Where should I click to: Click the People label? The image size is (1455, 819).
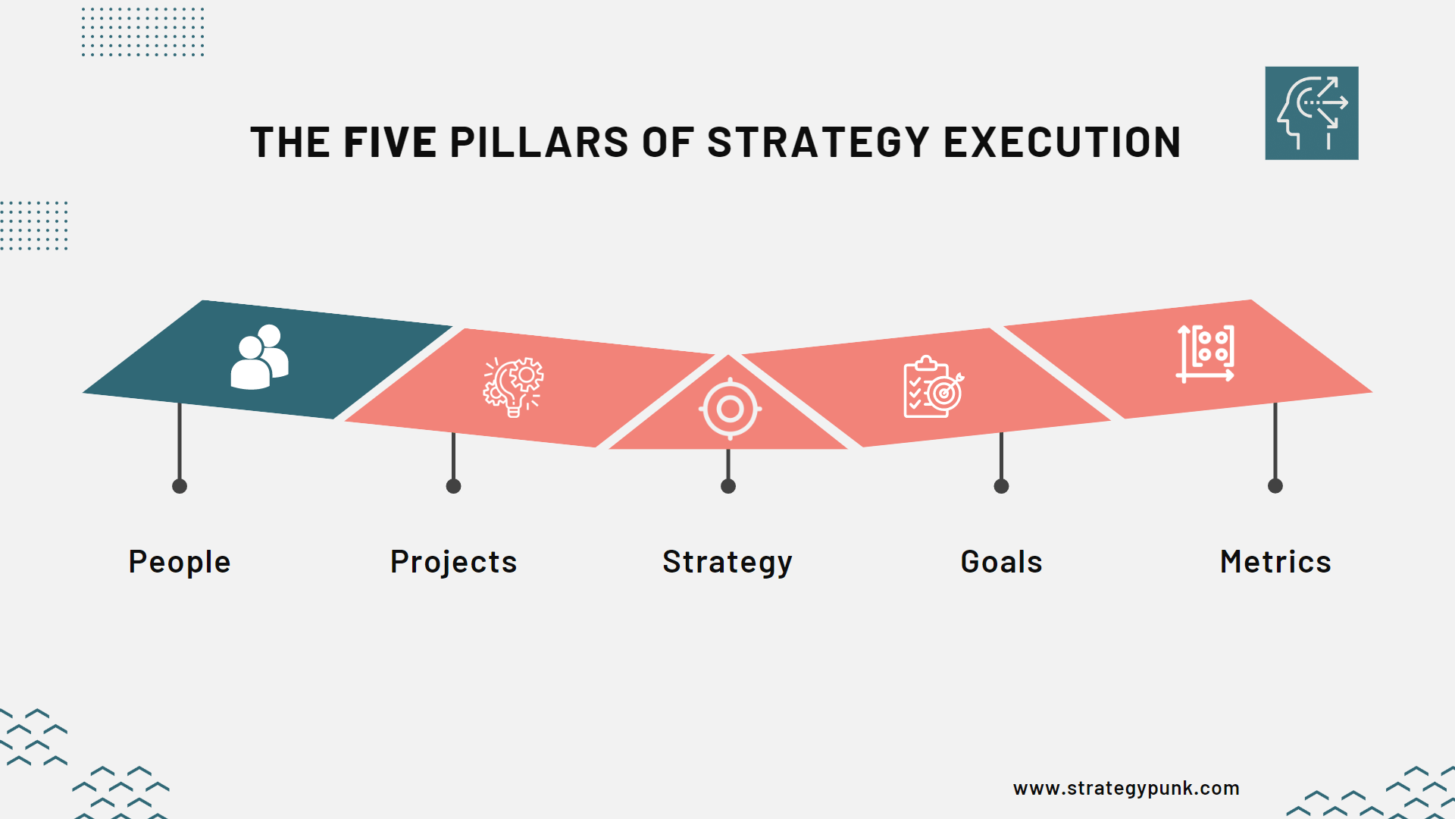click(x=180, y=562)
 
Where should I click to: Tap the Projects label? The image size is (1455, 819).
click(x=453, y=562)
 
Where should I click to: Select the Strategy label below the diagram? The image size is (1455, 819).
click(x=727, y=562)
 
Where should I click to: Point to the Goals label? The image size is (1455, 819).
click(x=1001, y=562)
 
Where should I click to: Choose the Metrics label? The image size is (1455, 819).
click(x=1275, y=562)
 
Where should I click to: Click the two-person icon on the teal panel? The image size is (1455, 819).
click(x=260, y=357)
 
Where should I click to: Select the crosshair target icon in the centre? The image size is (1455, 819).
click(x=730, y=409)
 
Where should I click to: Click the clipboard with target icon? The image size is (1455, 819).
click(x=933, y=387)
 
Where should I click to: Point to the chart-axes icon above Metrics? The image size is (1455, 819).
click(x=1206, y=353)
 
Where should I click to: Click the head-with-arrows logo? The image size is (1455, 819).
click(x=1311, y=113)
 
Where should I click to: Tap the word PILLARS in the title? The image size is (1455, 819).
click(x=539, y=143)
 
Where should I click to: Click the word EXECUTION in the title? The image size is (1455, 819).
click(x=1062, y=143)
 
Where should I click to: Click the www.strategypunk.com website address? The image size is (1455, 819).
click(x=1126, y=788)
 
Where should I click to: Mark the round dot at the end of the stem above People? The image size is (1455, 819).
click(x=180, y=486)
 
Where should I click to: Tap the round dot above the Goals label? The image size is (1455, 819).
click(x=1001, y=486)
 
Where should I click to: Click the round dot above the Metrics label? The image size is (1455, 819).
click(x=1275, y=486)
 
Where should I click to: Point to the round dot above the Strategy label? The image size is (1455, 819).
click(x=728, y=486)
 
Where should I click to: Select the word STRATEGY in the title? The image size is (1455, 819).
click(x=818, y=143)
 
